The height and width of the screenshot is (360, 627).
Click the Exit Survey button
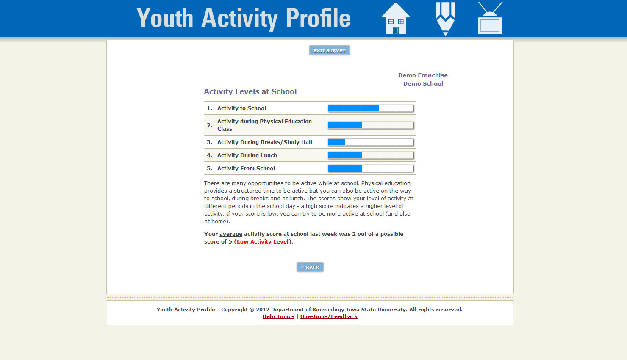[329, 50]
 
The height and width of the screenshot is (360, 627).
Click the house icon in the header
[396, 19]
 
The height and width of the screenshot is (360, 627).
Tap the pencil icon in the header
[445, 19]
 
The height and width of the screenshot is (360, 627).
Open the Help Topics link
[278, 316]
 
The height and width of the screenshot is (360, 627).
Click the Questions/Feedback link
[329, 316]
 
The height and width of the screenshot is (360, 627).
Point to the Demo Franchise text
[423, 75]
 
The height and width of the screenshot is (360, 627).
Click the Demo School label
[423, 83]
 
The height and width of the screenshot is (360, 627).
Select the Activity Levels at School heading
[250, 91]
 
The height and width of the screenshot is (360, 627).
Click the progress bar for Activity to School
[371, 108]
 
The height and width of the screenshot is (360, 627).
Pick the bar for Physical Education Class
[371, 125]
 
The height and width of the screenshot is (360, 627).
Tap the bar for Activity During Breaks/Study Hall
[371, 142]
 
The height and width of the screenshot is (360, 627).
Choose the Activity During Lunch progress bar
[371, 155]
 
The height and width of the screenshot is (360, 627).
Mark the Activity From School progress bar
[371, 169]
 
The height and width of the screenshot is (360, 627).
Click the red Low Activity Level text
[263, 242]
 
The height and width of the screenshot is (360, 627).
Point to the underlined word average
[231, 234]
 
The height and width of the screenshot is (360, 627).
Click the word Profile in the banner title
[318, 19]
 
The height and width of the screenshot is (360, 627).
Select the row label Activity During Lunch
[247, 155]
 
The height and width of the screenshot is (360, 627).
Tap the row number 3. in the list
[209, 142]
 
